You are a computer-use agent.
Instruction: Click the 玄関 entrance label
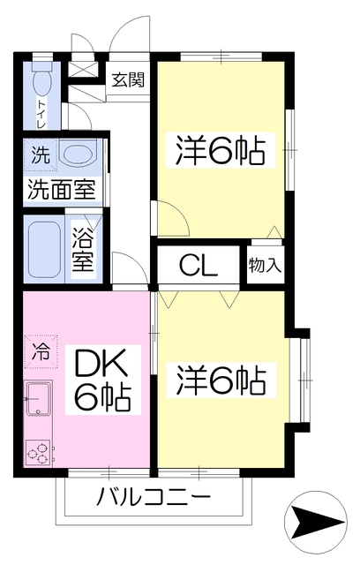click(x=128, y=80)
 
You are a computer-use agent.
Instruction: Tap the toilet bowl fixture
click(x=42, y=79)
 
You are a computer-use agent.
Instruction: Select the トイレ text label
click(x=41, y=114)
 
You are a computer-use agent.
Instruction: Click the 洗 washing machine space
click(x=41, y=155)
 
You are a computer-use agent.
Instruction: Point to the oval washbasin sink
click(x=79, y=155)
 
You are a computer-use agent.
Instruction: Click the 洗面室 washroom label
click(x=62, y=189)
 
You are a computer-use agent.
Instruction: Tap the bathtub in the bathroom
click(x=45, y=249)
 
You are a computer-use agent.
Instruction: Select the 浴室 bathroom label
click(x=83, y=250)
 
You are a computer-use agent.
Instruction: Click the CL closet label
click(x=199, y=266)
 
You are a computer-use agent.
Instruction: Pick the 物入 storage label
click(x=265, y=266)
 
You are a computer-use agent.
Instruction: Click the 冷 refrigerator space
click(x=41, y=352)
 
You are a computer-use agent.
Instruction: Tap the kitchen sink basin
click(x=38, y=399)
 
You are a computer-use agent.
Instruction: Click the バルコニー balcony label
click(x=154, y=497)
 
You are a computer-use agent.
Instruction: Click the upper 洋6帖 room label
click(x=221, y=150)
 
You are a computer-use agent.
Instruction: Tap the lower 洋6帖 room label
click(x=221, y=380)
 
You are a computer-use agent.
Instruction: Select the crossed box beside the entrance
click(x=83, y=69)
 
